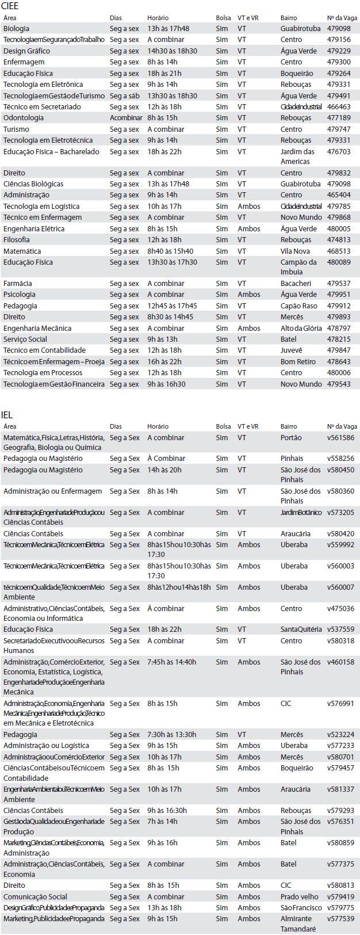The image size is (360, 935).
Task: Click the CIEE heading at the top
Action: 11,6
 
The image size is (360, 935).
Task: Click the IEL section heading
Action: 7,415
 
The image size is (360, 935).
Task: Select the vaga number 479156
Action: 338,40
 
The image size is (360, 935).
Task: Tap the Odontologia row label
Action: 24,118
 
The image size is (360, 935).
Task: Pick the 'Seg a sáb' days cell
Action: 124,96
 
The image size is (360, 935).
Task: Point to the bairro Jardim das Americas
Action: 297,157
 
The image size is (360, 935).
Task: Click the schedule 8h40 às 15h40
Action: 170,251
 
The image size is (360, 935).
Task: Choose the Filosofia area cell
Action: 17,240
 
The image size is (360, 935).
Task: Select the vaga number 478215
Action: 338,339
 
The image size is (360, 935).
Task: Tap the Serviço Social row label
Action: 25,339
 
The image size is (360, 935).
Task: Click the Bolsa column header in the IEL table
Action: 223,427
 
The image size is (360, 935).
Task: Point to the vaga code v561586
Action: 340,438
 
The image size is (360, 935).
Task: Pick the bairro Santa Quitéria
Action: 301,629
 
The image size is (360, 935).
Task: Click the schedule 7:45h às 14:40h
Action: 171,662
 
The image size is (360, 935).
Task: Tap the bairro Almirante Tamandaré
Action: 296,924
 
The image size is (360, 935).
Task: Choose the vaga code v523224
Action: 340,735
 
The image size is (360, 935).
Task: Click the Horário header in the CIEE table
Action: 158,18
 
